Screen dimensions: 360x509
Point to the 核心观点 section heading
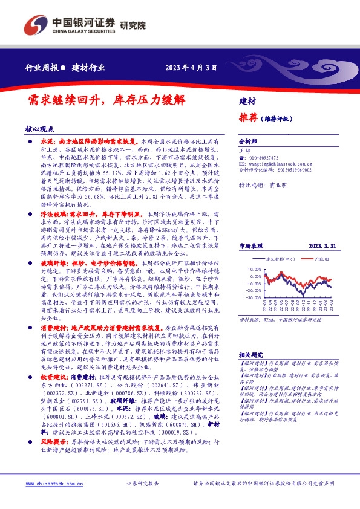(x=40, y=129)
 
